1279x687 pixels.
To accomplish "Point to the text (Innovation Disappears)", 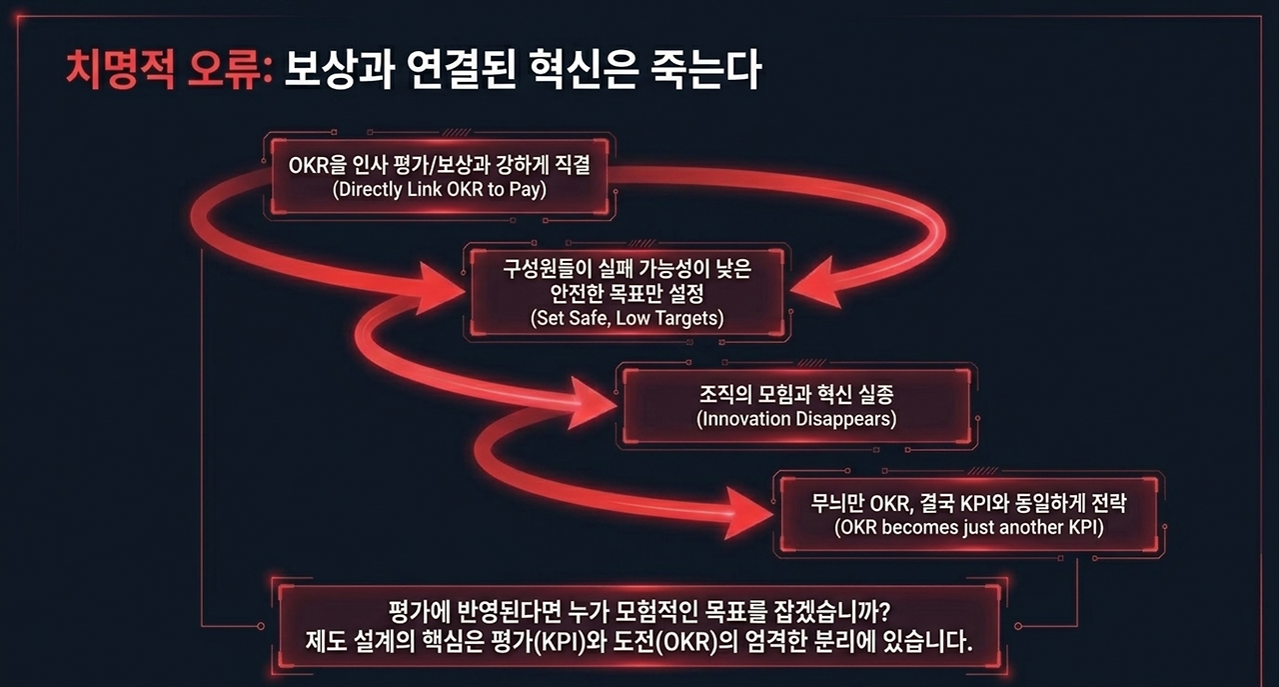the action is pyautogui.click(x=795, y=418).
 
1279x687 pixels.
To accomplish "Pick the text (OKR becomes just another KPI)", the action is pyautogui.click(x=968, y=526).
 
